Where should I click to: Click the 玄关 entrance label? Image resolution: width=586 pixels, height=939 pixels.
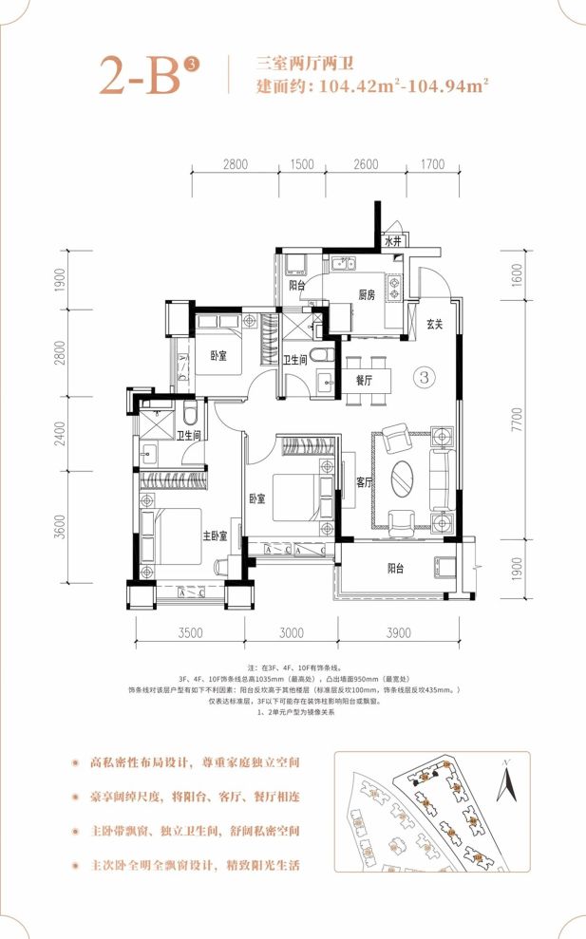tap(435, 325)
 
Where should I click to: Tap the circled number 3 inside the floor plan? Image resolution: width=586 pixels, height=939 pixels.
tap(425, 377)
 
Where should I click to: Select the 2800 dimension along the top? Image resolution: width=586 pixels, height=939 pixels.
tap(236, 165)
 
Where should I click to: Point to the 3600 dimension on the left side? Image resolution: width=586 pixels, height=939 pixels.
tap(59, 525)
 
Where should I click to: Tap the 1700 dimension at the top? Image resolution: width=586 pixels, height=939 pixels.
tap(432, 165)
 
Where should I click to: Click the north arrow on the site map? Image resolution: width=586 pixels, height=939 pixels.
tap(509, 784)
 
